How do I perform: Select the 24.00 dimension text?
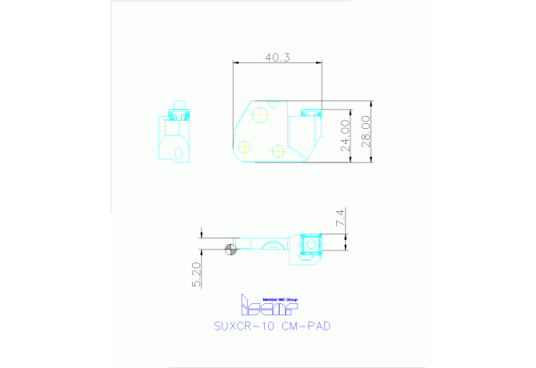point(345,135)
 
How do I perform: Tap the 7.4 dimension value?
point(340,218)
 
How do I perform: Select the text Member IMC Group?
point(274,297)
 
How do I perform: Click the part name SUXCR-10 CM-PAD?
point(272,326)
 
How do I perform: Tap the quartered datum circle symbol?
point(231,248)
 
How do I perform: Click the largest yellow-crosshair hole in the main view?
point(260,115)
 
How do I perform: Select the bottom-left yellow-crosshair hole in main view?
point(242,147)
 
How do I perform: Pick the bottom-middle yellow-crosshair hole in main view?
point(278,150)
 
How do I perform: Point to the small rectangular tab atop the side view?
point(180,103)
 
